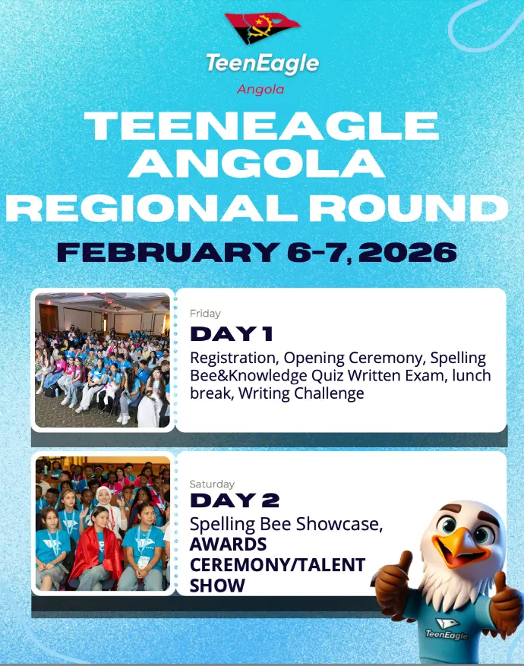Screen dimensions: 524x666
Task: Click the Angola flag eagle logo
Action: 262,27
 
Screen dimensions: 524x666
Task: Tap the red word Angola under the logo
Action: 260,90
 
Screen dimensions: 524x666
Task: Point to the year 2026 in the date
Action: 408,252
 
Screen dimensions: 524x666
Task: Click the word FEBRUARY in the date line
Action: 168,252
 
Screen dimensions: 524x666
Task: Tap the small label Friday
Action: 205,314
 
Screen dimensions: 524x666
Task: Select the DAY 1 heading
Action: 232,334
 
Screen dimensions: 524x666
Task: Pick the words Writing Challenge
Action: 301,393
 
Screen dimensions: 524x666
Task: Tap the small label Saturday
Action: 212,484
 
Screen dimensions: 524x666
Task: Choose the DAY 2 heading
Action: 235,500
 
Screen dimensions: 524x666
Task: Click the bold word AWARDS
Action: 228,544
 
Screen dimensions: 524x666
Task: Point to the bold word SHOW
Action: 217,586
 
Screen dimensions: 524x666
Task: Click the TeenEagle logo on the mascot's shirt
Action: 447,629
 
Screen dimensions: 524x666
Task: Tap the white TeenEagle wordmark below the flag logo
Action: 263,63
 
